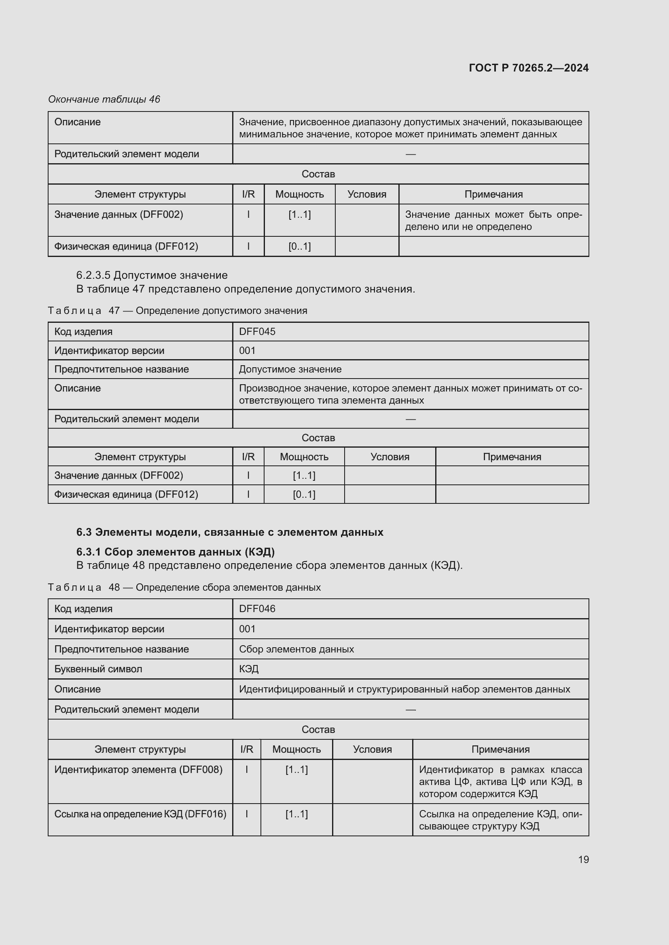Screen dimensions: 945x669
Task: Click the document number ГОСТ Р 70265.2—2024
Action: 529,68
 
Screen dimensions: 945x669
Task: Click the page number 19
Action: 583,859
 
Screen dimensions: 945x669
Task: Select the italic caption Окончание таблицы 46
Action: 104,99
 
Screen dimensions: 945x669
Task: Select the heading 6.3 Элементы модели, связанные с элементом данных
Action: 229,532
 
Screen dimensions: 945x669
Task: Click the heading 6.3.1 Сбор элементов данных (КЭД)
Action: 175,551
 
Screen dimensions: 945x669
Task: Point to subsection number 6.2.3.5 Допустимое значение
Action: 152,275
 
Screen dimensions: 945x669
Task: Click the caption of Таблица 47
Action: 178,310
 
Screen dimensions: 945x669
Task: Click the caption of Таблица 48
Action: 184,587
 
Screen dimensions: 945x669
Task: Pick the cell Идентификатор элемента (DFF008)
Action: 138,769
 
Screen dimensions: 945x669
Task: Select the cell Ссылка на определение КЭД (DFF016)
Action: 140,814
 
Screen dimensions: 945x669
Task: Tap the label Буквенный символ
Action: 98,669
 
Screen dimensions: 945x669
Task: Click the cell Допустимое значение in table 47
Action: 290,369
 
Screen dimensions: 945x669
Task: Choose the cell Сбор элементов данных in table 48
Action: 296,649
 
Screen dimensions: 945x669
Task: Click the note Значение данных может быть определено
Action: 493,220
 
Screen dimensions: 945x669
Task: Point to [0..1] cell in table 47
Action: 304,494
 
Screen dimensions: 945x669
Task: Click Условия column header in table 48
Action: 372,749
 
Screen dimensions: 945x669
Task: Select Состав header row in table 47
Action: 318,438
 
